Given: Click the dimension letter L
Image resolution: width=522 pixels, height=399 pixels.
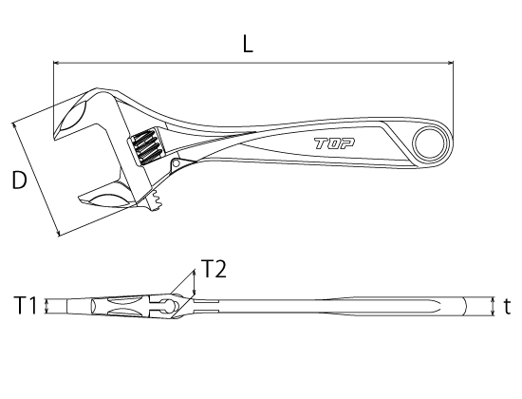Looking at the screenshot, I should (x=248, y=45).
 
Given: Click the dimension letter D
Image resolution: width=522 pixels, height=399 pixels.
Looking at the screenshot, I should (x=18, y=180).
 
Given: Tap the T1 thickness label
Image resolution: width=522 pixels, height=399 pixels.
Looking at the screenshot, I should (x=25, y=305).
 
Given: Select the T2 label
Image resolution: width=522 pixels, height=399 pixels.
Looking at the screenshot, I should (x=214, y=270).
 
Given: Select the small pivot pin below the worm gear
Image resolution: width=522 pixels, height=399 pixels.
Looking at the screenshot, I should (x=176, y=166).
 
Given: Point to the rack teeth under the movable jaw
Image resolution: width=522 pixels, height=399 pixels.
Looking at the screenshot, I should (x=155, y=201).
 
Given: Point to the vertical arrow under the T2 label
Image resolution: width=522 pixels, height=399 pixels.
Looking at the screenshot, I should (x=195, y=283).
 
